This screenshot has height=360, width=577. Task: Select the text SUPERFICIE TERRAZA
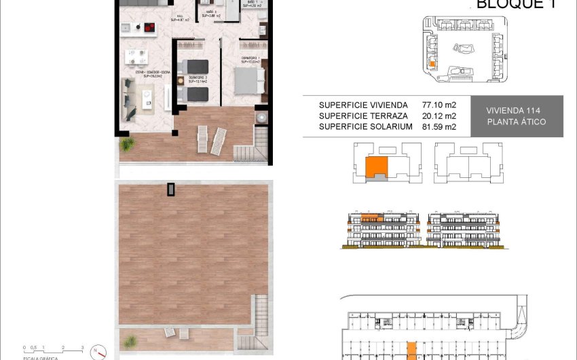pyautogui.click(x=363, y=116)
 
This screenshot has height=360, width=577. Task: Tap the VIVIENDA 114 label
pyautogui.click(x=515, y=111)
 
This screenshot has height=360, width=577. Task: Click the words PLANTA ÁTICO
pyautogui.click(x=516, y=122)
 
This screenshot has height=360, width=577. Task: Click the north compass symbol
pyautogui.click(x=100, y=353)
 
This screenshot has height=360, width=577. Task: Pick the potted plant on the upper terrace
pyautogui.click(x=126, y=144)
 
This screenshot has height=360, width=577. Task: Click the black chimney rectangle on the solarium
pyautogui.click(x=171, y=189)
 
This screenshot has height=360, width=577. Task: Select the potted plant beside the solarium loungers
pyautogui.click(x=130, y=340)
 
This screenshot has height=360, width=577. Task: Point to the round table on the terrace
pyautogui.click(x=261, y=118)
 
